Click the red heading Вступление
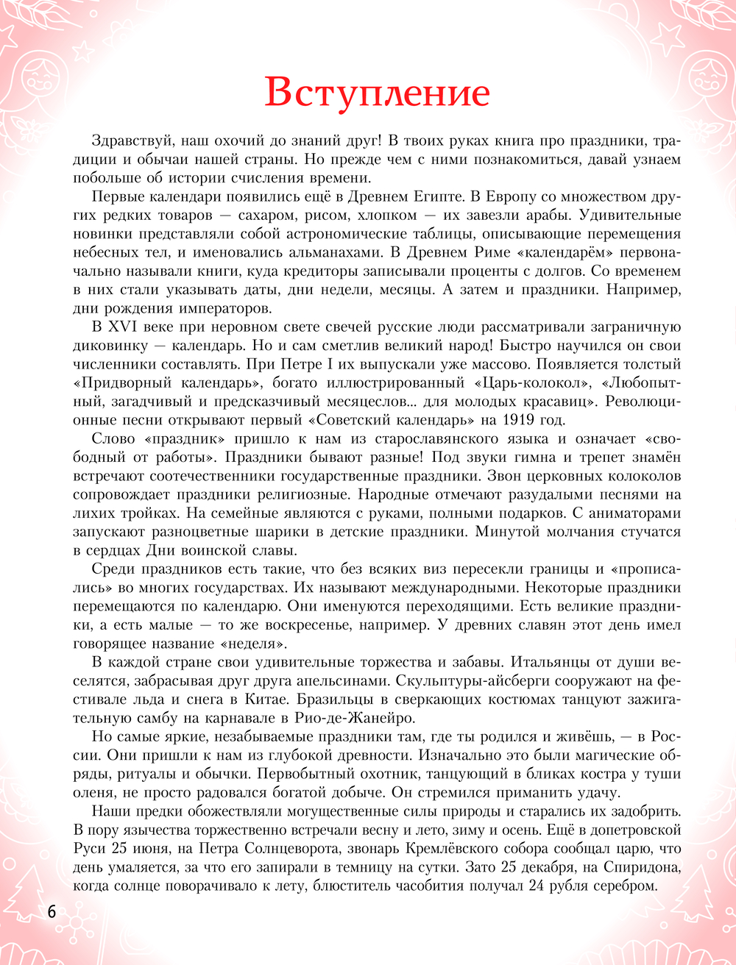pos(377,93)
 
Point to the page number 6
pos(51,911)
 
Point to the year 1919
pos(503,420)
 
